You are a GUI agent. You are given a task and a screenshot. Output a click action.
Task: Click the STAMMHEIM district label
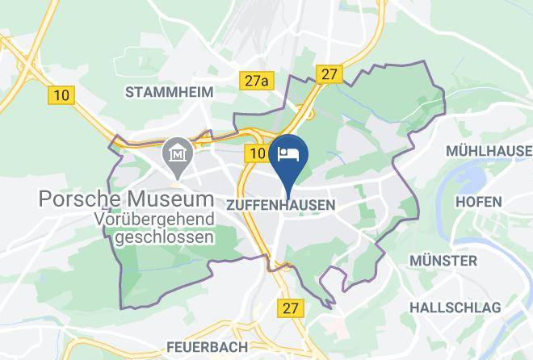point(170,92)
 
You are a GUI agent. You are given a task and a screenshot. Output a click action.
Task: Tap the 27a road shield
point(256,81)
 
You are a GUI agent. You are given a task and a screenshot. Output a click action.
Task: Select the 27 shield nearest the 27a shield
point(329,74)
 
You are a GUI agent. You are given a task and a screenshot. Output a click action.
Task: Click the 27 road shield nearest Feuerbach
point(291,308)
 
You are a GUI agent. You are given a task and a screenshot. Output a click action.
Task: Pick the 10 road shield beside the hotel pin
point(258,153)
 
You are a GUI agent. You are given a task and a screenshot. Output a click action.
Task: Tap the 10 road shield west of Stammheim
point(61,95)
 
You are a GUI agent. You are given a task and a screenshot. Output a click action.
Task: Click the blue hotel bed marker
point(288,154)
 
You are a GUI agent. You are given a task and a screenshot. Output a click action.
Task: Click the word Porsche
point(81,199)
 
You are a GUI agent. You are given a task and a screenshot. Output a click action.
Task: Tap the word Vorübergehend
point(153,219)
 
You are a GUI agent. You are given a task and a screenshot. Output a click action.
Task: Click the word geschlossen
point(165,237)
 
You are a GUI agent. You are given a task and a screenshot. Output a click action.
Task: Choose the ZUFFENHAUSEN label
point(281,205)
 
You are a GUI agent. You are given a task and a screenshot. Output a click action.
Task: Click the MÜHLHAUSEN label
point(489,151)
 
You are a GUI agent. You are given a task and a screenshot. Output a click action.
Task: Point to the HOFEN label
point(479,201)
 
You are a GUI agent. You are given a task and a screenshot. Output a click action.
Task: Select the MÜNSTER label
point(443,261)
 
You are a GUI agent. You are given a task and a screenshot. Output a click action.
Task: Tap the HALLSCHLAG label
point(455,307)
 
